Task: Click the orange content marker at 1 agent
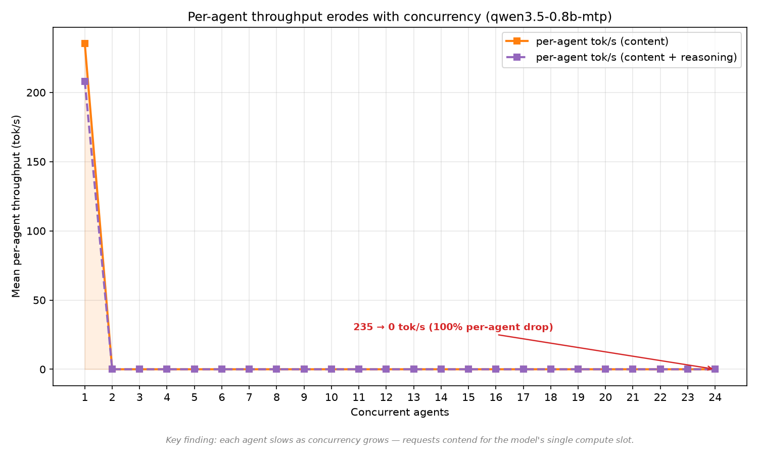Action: [84, 43]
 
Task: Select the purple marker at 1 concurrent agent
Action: [84, 81]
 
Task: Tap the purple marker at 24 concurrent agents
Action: [715, 369]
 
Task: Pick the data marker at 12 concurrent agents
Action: [386, 369]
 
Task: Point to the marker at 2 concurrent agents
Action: [112, 369]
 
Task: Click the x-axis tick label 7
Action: [249, 397]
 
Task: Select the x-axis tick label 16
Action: [496, 397]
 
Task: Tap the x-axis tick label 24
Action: [715, 397]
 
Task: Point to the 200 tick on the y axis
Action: [36, 93]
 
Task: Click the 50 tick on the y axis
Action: [39, 300]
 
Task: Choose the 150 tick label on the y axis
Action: [36, 162]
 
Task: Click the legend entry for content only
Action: [587, 41]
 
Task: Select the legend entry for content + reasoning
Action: [622, 57]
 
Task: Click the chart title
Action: [400, 17]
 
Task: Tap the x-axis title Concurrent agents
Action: [400, 413]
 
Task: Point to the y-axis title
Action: [16, 206]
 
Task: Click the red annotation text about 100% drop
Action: [453, 327]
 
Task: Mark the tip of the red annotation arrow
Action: [713, 369]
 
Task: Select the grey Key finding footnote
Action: [400, 440]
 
